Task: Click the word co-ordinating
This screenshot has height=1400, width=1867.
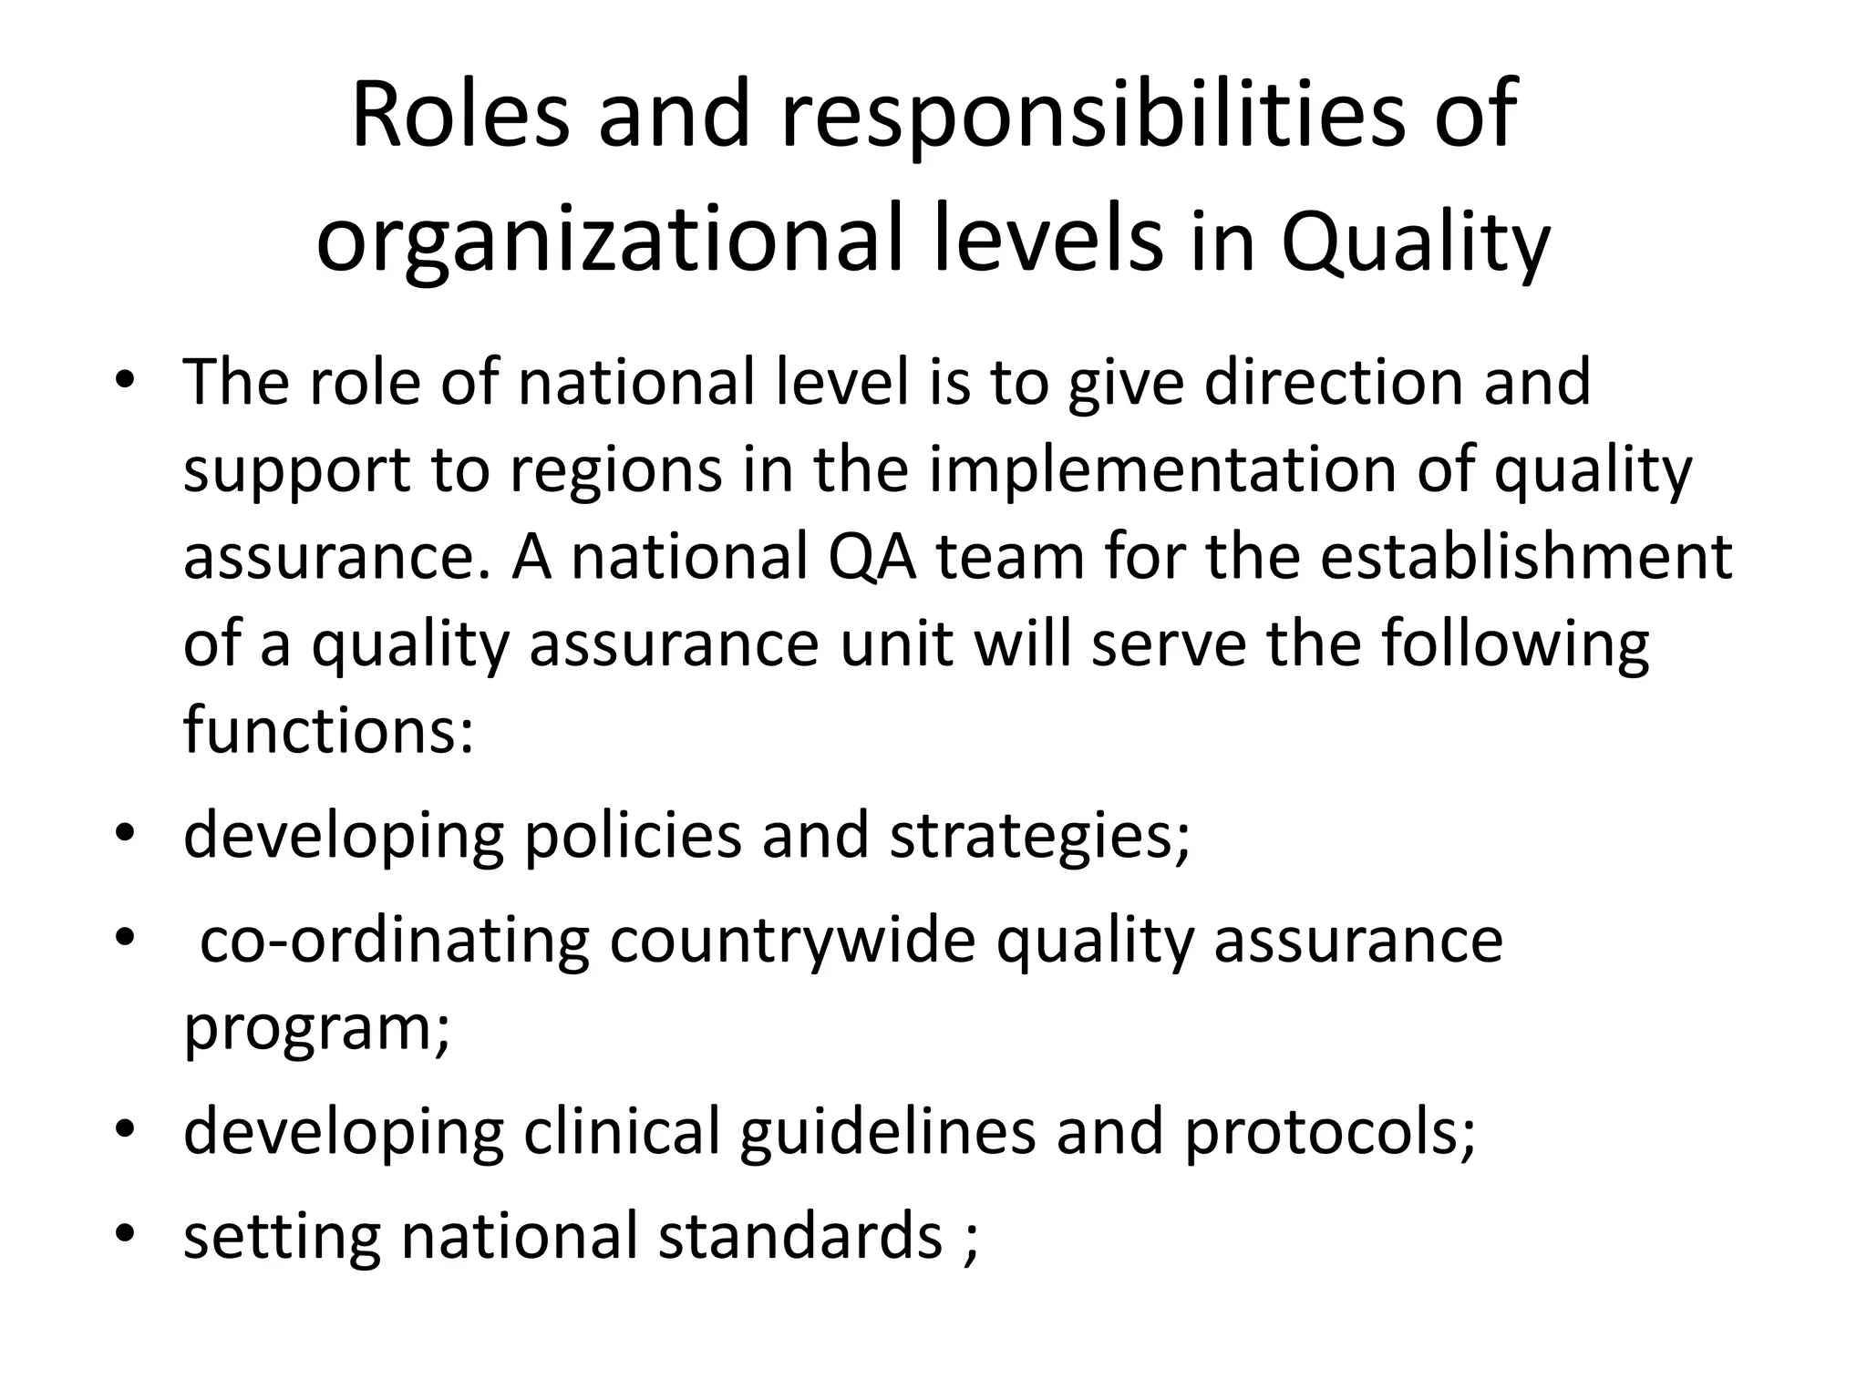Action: tap(394, 941)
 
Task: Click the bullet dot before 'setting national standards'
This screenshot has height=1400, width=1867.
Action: tap(125, 1234)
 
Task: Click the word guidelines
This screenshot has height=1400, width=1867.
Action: tap(887, 1134)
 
